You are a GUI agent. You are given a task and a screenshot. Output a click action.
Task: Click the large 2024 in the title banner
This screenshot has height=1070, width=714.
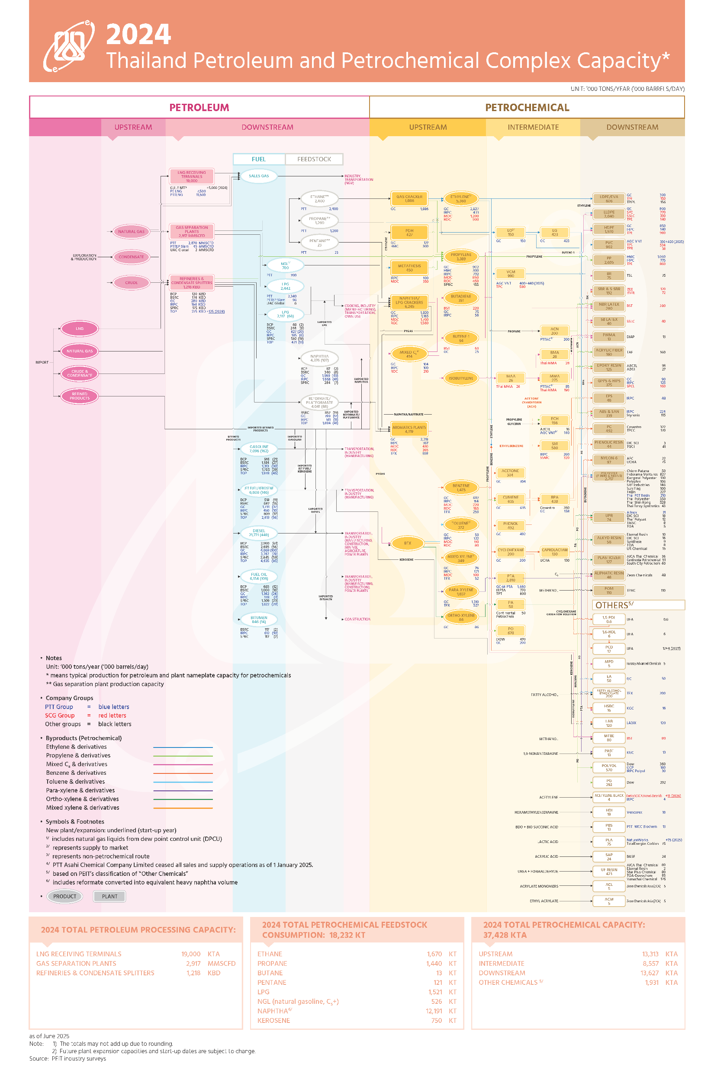(x=138, y=35)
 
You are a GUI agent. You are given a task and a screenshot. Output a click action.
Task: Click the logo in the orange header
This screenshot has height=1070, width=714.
(x=69, y=45)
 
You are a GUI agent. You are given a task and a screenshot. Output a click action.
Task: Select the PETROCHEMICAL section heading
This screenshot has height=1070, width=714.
(x=527, y=107)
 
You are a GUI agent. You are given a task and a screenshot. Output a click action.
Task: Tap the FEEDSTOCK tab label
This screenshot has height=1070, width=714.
(x=314, y=159)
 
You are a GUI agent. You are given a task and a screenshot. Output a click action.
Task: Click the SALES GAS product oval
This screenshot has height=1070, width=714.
(x=259, y=176)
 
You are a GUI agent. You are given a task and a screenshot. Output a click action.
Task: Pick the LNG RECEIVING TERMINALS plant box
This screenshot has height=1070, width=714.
(x=192, y=176)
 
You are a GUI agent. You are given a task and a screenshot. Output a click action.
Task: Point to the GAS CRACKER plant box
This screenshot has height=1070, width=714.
(x=409, y=198)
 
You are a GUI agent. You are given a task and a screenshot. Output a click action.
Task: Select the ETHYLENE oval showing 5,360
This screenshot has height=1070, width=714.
(x=461, y=198)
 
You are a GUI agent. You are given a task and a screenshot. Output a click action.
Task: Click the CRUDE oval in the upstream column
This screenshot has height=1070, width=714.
(x=131, y=282)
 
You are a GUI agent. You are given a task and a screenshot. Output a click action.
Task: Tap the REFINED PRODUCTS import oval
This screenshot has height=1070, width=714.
(x=80, y=396)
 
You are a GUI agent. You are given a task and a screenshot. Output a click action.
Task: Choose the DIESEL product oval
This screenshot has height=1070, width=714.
(x=259, y=533)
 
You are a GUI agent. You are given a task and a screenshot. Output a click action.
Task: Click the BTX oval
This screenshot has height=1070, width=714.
(x=408, y=543)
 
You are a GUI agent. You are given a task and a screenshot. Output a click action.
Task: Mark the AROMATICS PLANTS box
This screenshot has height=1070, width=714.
(x=409, y=429)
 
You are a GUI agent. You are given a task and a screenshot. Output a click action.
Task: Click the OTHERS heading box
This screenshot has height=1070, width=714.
(x=638, y=605)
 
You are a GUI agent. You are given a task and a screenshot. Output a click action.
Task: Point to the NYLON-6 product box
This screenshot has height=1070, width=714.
(x=609, y=460)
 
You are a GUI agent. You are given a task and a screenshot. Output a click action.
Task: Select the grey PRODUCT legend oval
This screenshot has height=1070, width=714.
(x=64, y=896)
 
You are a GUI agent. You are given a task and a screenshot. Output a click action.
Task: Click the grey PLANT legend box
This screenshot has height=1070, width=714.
(x=109, y=896)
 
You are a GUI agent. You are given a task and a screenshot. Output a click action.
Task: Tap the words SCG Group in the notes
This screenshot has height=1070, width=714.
(x=60, y=715)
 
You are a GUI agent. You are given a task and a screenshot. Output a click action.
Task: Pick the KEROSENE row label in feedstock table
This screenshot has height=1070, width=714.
(x=273, y=1020)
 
